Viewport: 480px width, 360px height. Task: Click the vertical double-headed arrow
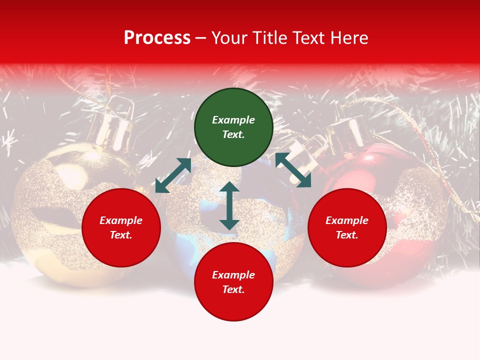click(x=229, y=205)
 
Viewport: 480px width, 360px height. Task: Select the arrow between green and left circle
click(x=173, y=175)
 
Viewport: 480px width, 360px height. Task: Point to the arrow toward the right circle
click(x=293, y=170)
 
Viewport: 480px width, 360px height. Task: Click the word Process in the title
click(x=157, y=38)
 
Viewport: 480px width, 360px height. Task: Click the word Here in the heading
click(x=350, y=38)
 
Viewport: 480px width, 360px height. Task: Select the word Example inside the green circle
click(x=233, y=120)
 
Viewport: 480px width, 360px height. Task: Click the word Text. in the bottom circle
click(x=233, y=289)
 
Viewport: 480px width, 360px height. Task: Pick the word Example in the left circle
click(x=121, y=220)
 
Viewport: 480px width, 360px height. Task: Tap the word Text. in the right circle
click(x=347, y=235)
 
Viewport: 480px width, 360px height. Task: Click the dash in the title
click(x=201, y=38)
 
